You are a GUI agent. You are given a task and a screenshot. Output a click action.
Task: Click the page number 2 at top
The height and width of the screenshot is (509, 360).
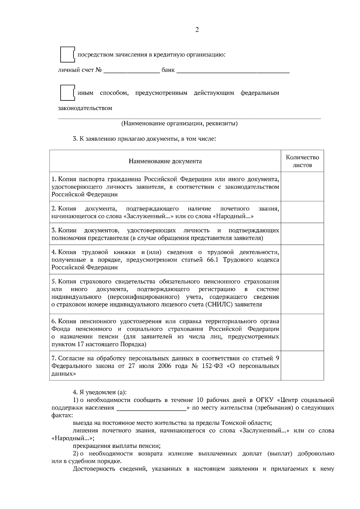(197, 30)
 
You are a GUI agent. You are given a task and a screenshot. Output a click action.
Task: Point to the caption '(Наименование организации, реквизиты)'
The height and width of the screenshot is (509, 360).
(179, 124)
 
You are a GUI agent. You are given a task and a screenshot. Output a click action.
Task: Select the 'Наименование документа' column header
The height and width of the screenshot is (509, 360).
(165, 161)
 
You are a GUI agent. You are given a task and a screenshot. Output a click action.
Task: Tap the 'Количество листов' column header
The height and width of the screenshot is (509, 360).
(302, 161)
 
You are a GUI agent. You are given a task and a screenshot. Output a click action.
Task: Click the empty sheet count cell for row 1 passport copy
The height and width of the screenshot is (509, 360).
(302, 186)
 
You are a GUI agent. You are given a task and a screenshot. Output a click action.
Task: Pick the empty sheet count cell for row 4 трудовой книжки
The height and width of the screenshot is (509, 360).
(302, 260)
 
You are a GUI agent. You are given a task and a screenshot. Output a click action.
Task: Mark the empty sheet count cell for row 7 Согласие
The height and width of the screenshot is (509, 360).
(302, 366)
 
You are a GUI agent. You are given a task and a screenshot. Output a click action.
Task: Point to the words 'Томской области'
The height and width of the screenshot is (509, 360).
(246, 423)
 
